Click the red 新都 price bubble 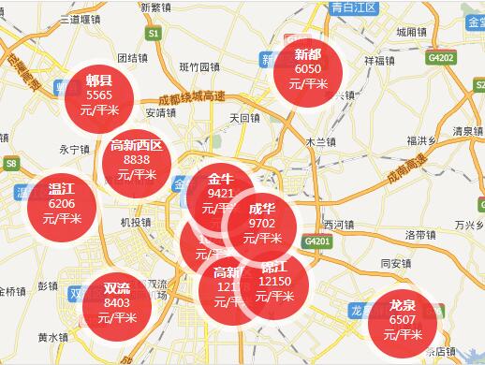[307, 68]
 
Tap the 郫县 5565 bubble [97, 95]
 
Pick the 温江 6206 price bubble [62, 202]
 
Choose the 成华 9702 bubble [262, 223]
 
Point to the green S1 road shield [154, 33]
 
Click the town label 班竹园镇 [198, 67]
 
